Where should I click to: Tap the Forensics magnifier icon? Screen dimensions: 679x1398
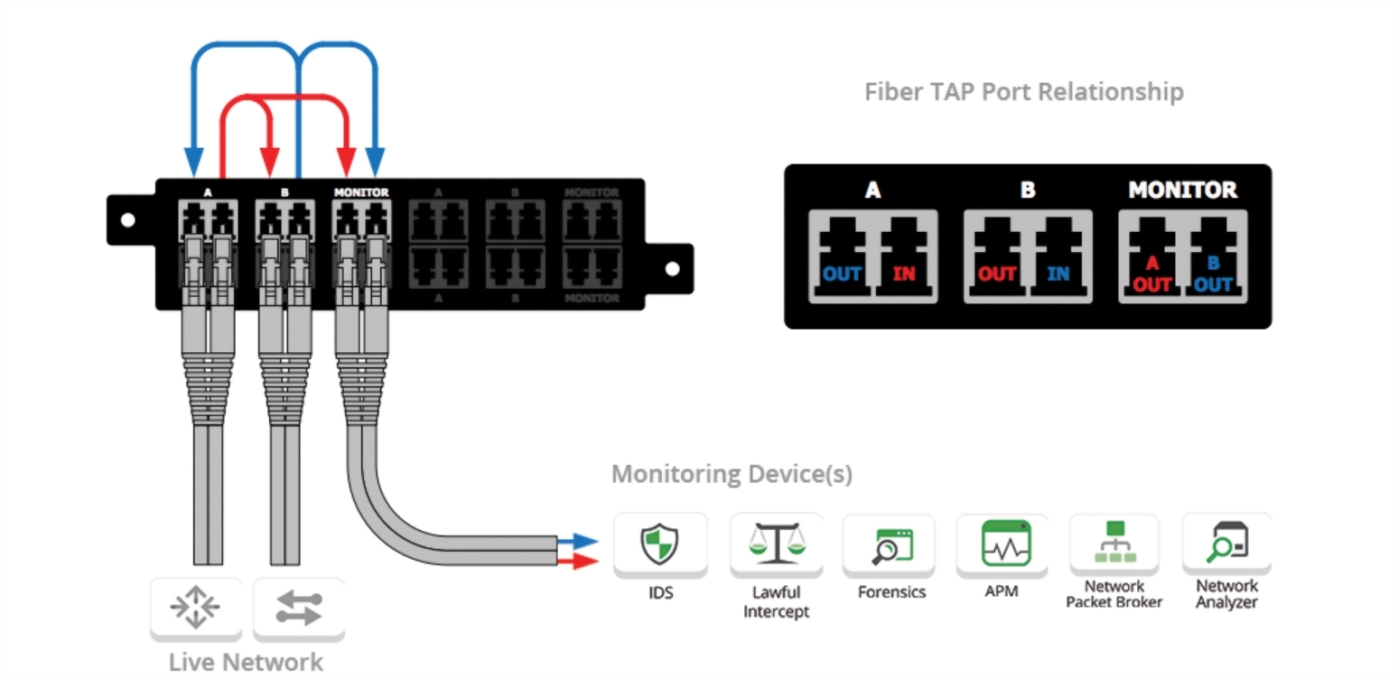(x=888, y=545)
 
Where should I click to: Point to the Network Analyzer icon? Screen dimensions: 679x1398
(x=1226, y=542)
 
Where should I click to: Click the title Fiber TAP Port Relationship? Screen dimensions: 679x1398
(x=1023, y=92)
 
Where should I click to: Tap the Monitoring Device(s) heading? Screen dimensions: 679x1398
(x=732, y=474)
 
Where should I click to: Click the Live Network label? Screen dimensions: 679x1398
(x=246, y=662)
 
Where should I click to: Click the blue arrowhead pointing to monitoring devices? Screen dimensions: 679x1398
(x=585, y=542)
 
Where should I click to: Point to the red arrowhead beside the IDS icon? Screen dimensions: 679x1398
(x=585, y=562)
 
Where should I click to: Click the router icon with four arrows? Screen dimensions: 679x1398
(x=195, y=608)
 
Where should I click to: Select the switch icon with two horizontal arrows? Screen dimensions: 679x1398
(x=298, y=608)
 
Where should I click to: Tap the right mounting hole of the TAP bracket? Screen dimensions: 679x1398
(x=672, y=268)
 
